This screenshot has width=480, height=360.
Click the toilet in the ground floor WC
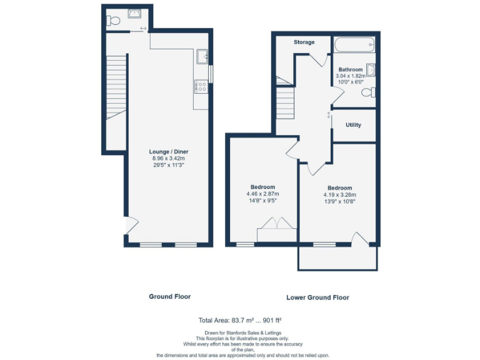click(113, 21)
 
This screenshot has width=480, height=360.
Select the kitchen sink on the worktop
click(202, 57)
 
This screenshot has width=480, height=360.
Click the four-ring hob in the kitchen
click(201, 86)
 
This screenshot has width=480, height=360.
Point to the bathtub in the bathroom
click(354, 45)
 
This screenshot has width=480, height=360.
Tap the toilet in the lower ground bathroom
click(369, 92)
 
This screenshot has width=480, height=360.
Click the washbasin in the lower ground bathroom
click(371, 70)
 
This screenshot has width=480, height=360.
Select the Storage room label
click(304, 42)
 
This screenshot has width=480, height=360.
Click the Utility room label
click(353, 125)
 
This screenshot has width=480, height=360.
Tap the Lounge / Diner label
click(169, 152)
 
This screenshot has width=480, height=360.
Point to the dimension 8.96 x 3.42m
click(169, 159)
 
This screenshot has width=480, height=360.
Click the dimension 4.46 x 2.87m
click(262, 194)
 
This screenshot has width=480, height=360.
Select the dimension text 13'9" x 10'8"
click(339, 202)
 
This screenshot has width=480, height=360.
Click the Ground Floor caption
click(169, 296)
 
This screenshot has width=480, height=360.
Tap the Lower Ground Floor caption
click(317, 297)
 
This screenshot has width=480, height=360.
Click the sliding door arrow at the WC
click(144, 29)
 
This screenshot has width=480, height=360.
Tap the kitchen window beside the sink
click(211, 74)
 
